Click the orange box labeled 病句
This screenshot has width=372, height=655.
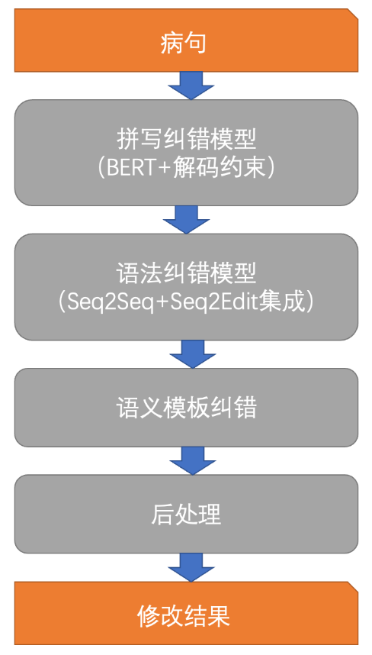point(186,40)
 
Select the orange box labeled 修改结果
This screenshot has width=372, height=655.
point(186,613)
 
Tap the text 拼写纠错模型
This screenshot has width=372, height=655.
point(186,139)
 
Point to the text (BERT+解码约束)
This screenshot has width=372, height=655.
point(186,169)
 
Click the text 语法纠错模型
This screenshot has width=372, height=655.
point(186,273)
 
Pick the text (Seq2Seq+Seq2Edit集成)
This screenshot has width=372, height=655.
point(186,302)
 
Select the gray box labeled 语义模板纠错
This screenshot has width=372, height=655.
point(186,408)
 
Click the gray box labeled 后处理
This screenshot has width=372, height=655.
point(186,514)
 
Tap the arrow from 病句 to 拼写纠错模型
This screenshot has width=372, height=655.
point(191,86)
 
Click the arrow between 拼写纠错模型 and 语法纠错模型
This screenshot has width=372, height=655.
point(186,219)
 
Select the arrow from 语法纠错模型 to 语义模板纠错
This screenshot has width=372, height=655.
point(193,353)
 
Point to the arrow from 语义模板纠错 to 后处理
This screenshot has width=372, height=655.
point(193,460)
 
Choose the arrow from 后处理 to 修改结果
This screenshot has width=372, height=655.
point(191,567)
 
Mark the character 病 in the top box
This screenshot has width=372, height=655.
point(172,43)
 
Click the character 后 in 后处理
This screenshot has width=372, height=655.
point(162,515)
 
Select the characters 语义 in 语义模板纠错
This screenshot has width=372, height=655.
point(139,408)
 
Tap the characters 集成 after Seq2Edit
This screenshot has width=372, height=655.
point(282,302)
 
